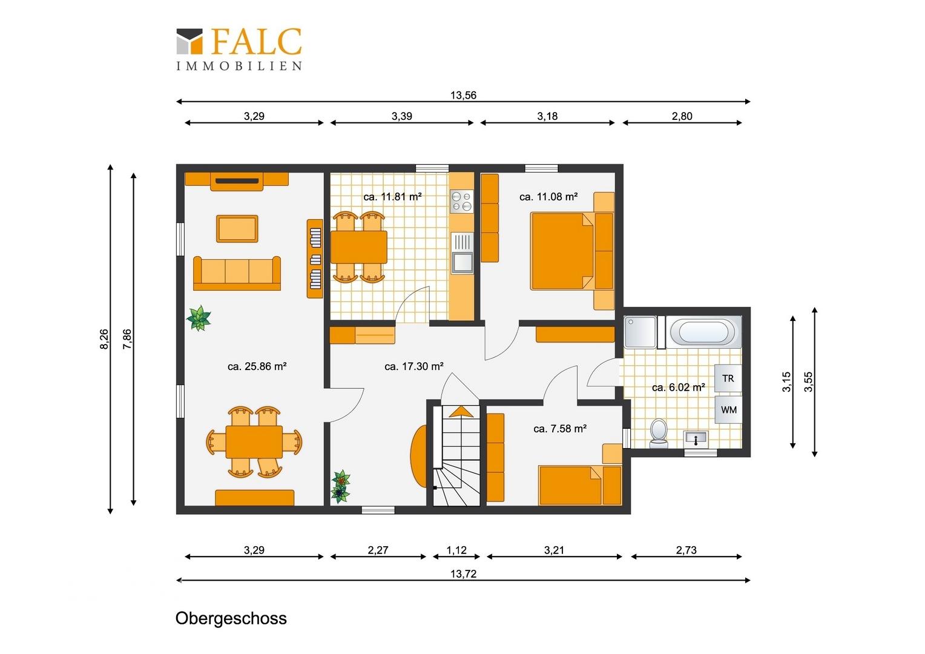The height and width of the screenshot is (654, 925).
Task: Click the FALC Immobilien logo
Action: (239, 49)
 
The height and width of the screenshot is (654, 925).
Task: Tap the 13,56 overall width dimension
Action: (463, 96)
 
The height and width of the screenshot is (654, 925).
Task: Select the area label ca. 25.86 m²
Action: (257, 366)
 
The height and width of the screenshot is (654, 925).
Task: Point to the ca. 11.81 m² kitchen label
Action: (392, 197)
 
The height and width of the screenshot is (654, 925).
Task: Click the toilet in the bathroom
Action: (658, 433)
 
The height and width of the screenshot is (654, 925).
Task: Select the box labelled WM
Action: (728, 409)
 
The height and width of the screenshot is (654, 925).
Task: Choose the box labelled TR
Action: (728, 378)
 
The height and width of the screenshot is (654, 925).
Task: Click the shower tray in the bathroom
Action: (640, 332)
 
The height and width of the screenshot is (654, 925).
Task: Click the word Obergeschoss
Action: (231, 618)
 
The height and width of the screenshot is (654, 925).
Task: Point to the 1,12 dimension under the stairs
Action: (456, 550)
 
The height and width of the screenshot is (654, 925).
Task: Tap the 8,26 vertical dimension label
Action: (104, 339)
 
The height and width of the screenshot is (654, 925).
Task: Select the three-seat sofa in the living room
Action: (237, 273)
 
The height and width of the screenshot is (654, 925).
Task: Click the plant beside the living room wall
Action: (199, 318)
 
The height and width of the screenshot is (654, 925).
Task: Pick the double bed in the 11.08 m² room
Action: (572, 251)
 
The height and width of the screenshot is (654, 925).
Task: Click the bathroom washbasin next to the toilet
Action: (696, 438)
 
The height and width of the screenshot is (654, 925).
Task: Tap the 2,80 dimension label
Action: (682, 116)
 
